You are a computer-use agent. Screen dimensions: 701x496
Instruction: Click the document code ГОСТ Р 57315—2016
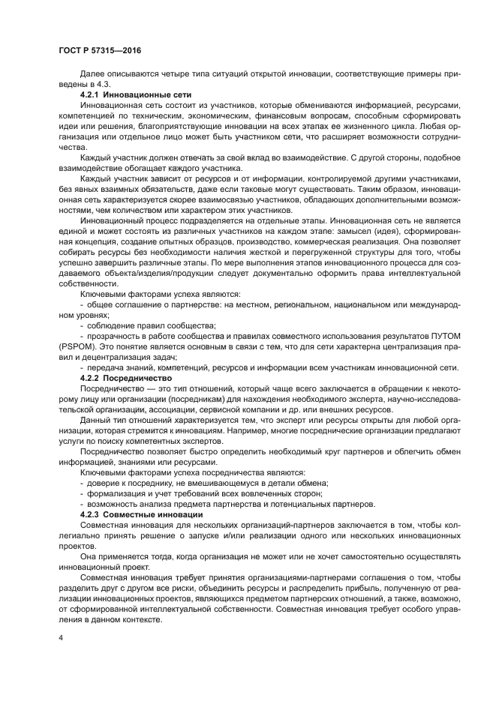[99, 50]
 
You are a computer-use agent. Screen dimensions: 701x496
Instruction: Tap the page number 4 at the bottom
[61, 637]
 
